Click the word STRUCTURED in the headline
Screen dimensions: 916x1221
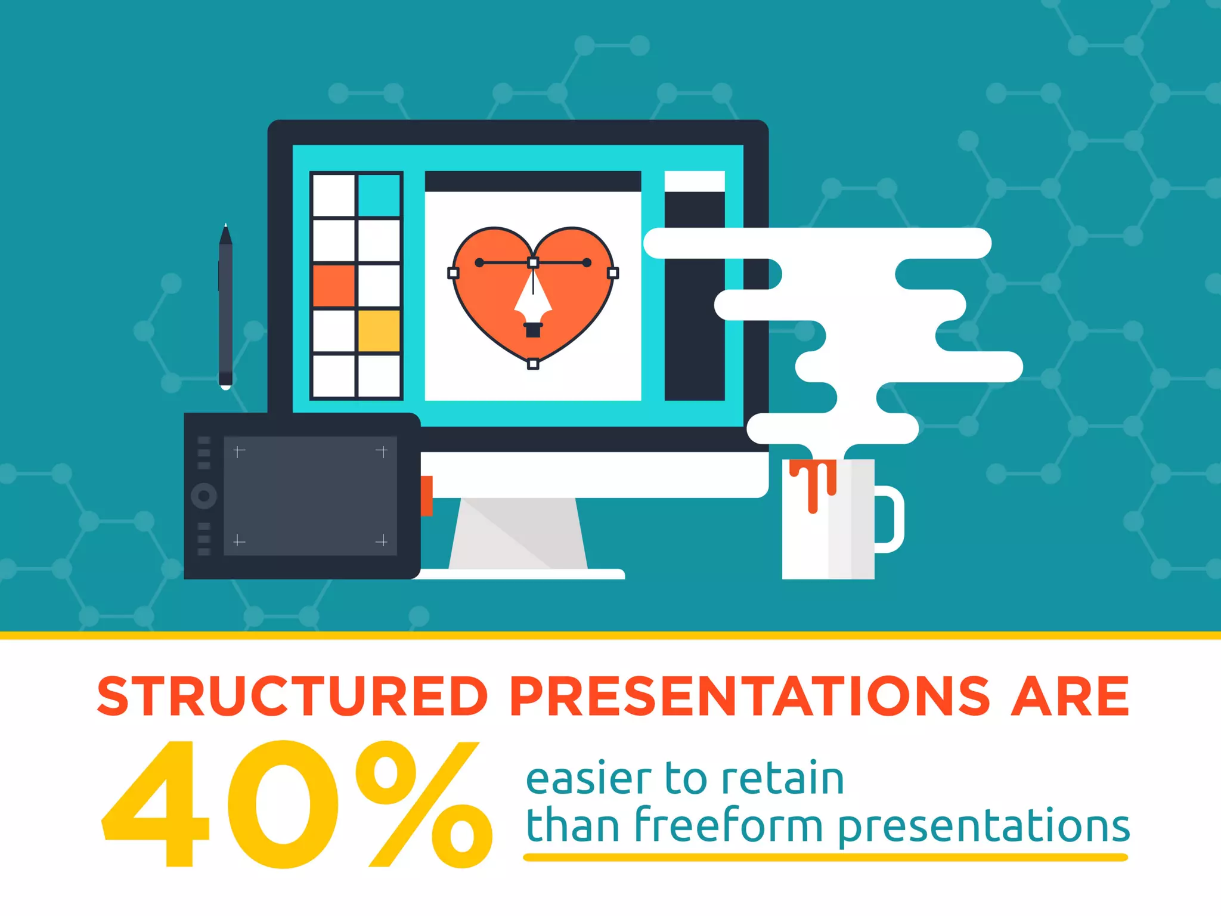[292, 696]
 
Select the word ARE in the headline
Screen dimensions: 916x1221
[1070, 696]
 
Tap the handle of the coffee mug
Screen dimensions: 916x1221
[891, 519]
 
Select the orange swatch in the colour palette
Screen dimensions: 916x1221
[333, 285]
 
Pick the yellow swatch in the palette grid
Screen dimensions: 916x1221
[379, 330]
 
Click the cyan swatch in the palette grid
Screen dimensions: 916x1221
[379, 195]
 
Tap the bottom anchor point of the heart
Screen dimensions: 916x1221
[533, 364]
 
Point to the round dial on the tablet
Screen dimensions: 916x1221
[204, 496]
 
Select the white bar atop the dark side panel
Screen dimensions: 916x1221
[695, 181]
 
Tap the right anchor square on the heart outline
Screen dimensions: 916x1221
[613, 273]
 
